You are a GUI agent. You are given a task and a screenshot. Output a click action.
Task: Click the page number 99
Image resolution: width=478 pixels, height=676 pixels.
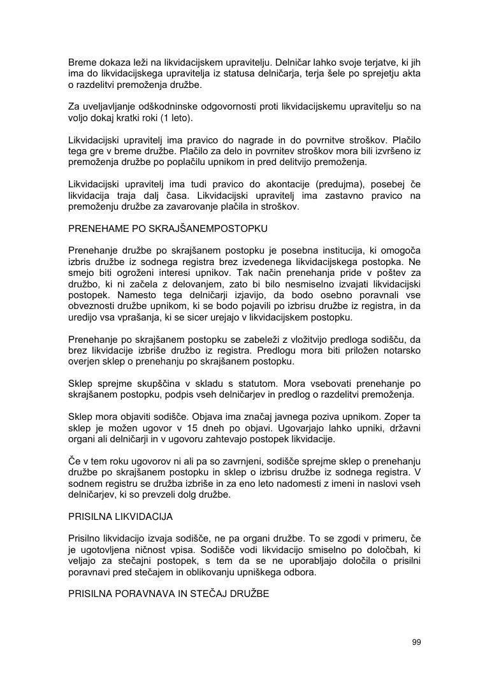[416, 642]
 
